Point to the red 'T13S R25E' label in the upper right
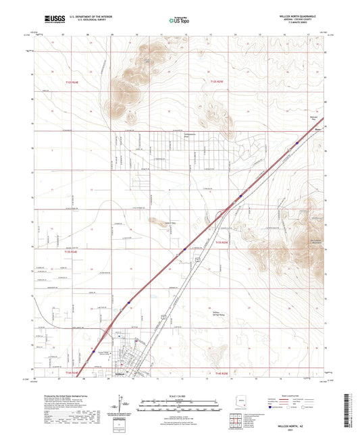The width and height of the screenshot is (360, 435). pyautogui.click(x=216, y=81)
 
